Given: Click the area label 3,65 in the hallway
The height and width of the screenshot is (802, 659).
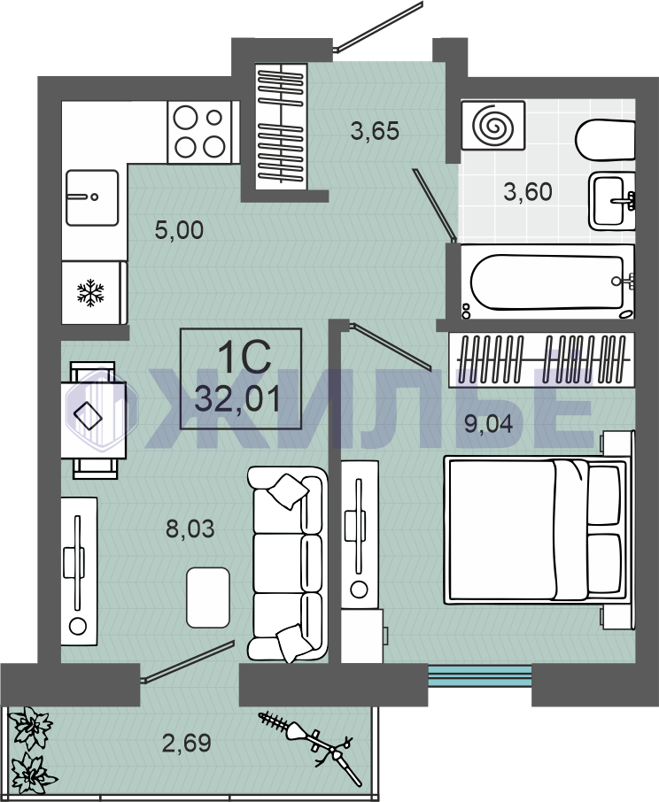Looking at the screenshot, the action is [375, 131].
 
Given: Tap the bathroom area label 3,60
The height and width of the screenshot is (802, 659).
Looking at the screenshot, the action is [528, 192].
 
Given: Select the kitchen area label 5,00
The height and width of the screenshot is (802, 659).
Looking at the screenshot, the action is [179, 230].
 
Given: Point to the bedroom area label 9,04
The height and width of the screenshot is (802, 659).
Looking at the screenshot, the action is [488, 423].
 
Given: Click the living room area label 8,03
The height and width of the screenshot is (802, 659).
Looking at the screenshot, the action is [190, 528].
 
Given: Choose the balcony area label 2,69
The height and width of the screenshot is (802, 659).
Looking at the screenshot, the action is [187, 743].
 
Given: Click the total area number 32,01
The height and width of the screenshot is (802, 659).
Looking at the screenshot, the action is [238, 399].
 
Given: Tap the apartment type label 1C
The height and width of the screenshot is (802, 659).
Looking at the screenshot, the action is [244, 357].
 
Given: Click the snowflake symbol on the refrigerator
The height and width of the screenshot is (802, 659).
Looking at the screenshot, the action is [90, 293].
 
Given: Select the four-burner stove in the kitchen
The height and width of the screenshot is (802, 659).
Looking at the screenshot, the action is [200, 132].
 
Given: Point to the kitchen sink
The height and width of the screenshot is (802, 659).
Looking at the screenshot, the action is [92, 198].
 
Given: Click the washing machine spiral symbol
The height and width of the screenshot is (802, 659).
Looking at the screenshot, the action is [493, 126].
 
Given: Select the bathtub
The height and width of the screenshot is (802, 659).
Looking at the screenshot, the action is [548, 282].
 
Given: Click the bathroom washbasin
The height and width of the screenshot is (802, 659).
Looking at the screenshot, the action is [612, 201].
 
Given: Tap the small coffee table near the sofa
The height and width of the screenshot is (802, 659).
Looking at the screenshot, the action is [208, 598].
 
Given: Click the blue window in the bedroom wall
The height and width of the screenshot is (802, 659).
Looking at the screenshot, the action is [479, 675].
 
